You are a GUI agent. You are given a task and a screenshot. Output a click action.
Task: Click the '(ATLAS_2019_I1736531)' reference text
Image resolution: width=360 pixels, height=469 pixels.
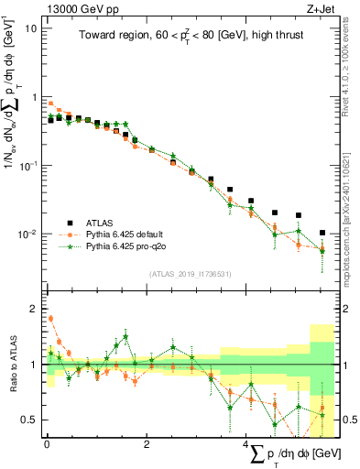tap(190, 273)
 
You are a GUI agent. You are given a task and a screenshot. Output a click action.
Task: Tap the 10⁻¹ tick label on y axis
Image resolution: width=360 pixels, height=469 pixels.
tap(29, 165)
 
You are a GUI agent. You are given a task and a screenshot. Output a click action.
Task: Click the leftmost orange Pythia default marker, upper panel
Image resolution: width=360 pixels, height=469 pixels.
tap(50, 104)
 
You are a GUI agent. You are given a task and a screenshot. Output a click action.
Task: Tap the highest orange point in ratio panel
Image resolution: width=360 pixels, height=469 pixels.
tap(50, 319)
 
